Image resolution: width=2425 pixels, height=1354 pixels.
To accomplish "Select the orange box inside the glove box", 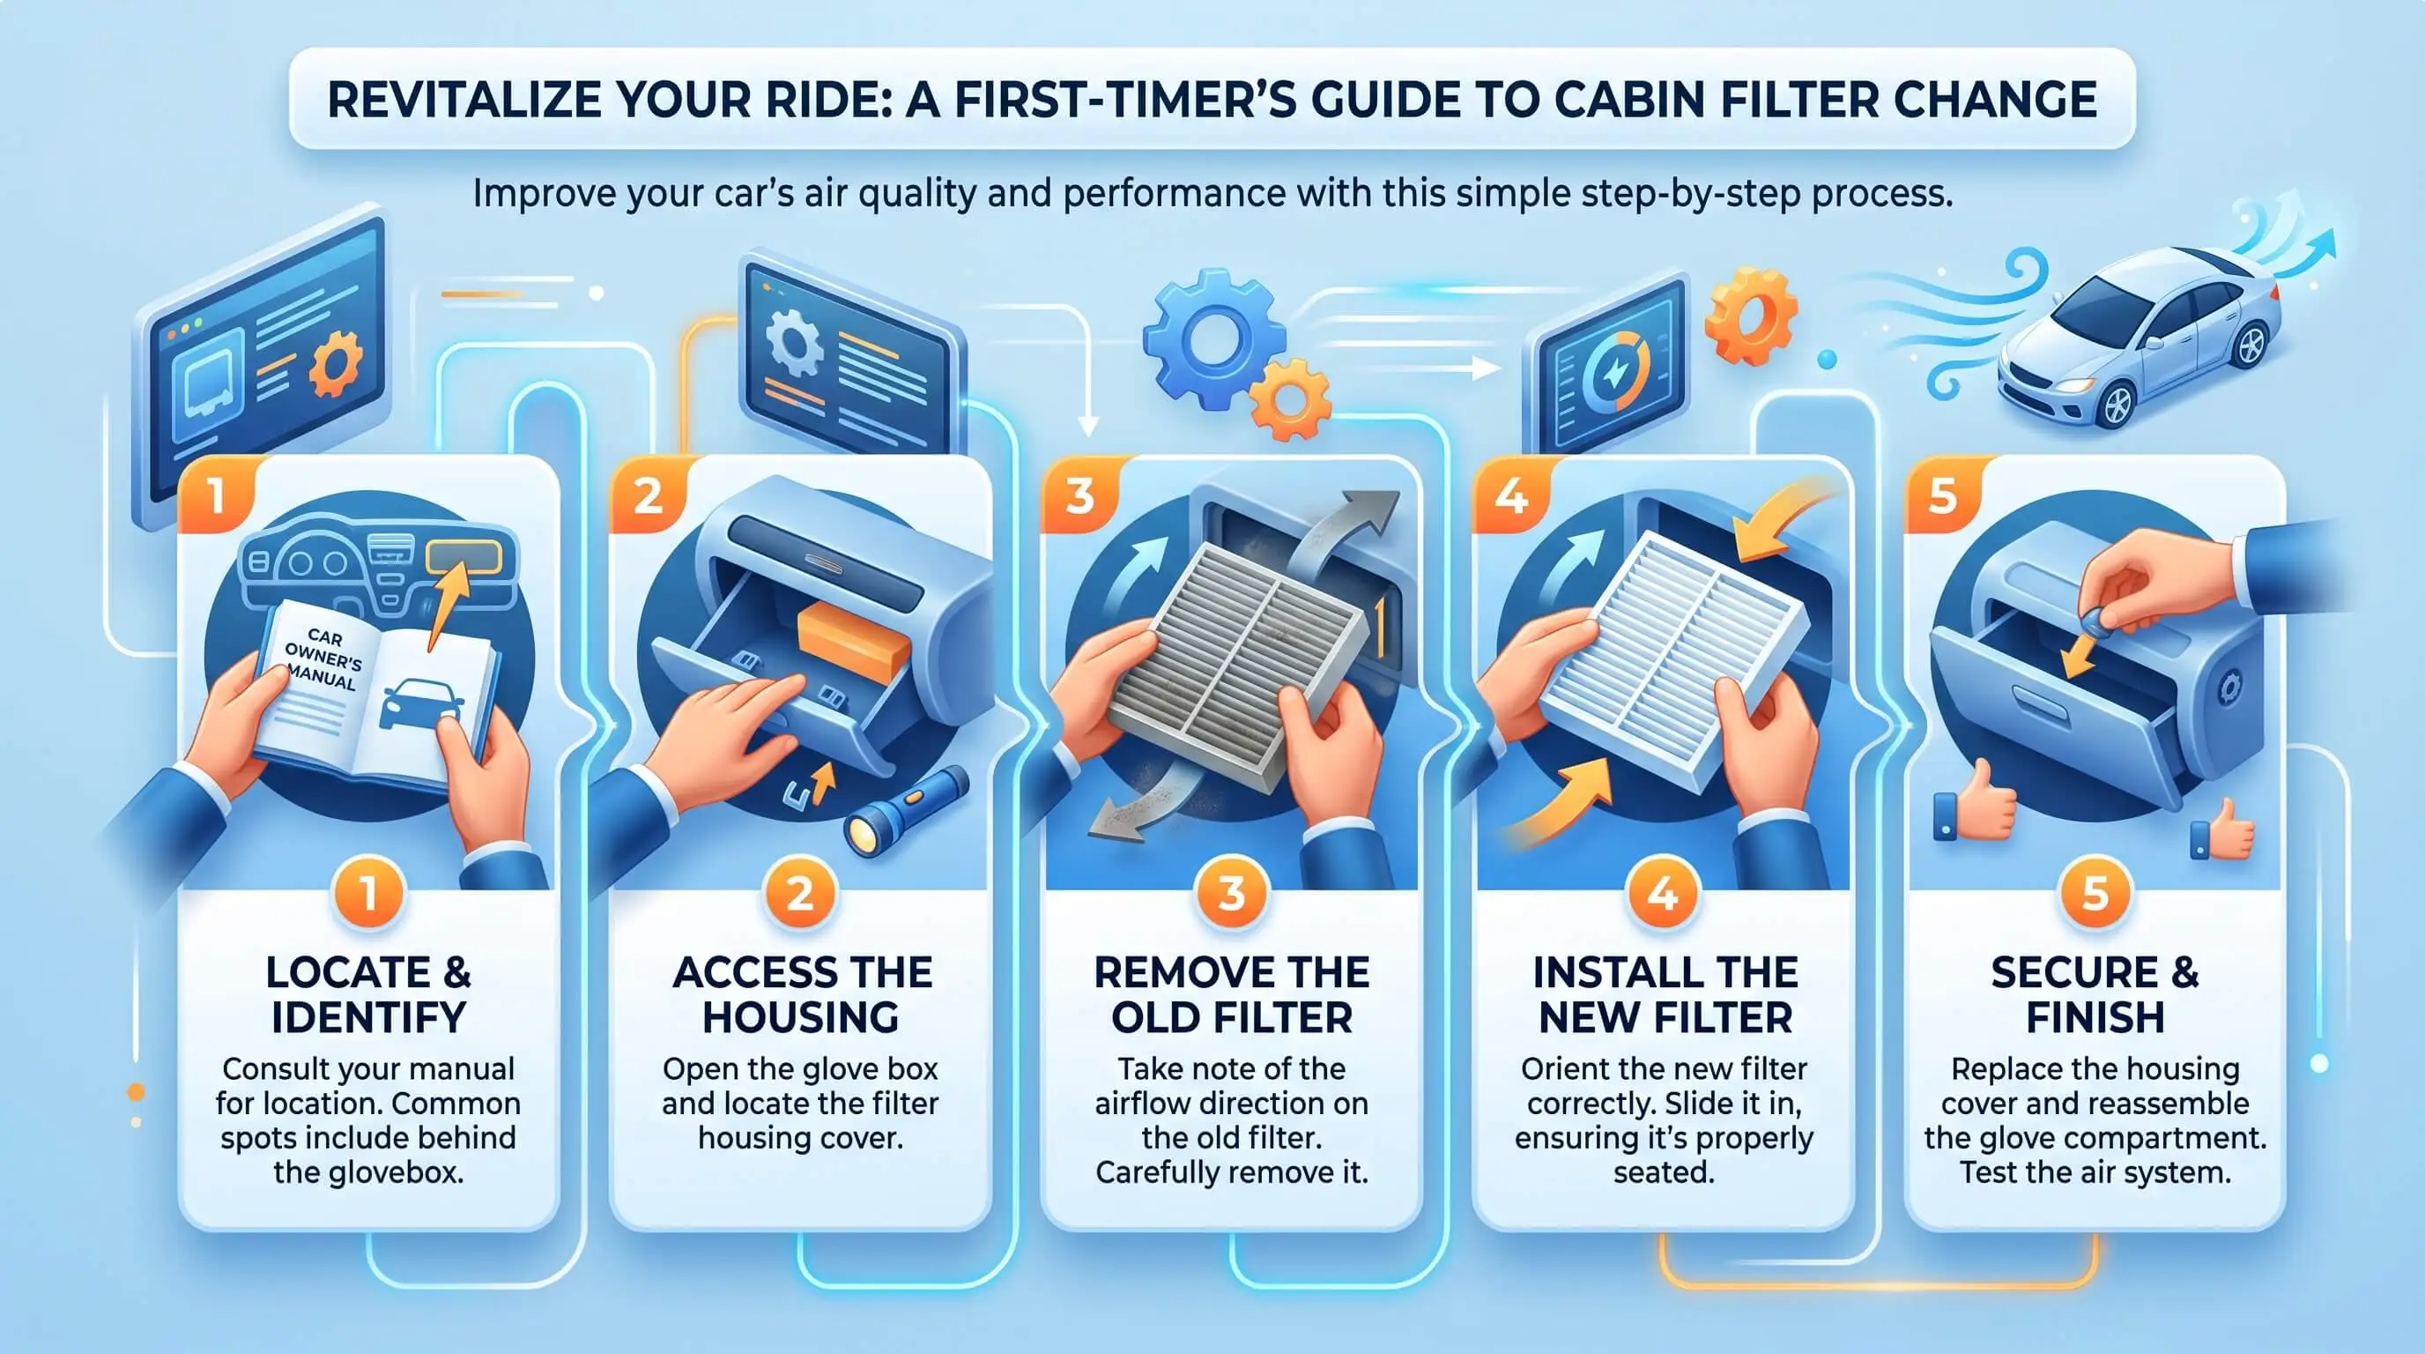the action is click(x=852, y=644).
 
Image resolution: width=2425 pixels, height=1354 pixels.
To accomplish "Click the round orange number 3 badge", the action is click(x=1231, y=893).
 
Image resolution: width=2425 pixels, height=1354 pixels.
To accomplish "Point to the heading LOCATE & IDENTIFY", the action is click(x=368, y=994).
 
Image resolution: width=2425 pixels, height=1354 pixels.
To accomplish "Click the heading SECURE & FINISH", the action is click(x=2095, y=994).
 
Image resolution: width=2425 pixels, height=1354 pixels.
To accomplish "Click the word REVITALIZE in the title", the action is click(x=465, y=100).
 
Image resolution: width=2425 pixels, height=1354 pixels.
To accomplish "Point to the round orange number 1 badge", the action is click(x=368, y=893).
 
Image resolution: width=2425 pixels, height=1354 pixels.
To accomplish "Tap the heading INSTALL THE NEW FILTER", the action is click(x=1665, y=994).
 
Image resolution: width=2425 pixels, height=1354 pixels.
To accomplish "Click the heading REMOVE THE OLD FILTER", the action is click(x=1231, y=994).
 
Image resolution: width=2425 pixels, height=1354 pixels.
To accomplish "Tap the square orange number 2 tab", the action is click(x=649, y=494).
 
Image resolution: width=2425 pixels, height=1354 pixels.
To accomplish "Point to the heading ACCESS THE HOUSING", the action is click(x=801, y=994).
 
